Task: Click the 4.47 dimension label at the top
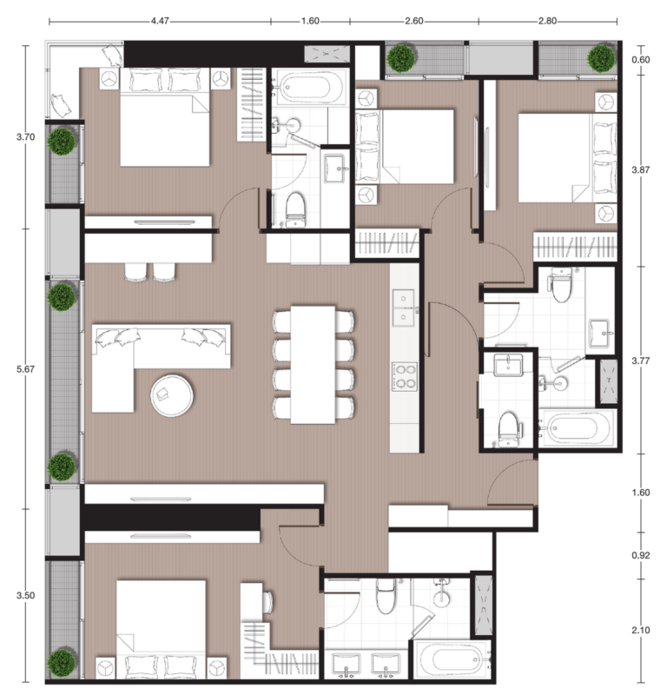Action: [x=160, y=21]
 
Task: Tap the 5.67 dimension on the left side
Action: [x=25, y=369]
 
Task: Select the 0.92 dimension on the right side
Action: [x=641, y=555]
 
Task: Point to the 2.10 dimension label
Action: [x=641, y=631]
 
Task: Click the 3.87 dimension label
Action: [x=641, y=169]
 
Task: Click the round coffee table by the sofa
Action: [x=172, y=396]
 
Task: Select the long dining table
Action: [x=313, y=365]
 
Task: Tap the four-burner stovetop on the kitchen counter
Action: [x=404, y=377]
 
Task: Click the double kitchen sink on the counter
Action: [x=404, y=308]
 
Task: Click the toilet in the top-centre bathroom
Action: [x=295, y=209]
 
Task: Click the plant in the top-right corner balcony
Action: [x=601, y=58]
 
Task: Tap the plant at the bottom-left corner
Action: [x=62, y=663]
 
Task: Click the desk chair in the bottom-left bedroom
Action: [x=267, y=602]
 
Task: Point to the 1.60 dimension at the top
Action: [x=310, y=21]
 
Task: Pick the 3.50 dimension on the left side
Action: [x=25, y=595]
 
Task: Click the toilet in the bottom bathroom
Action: [x=385, y=596]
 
